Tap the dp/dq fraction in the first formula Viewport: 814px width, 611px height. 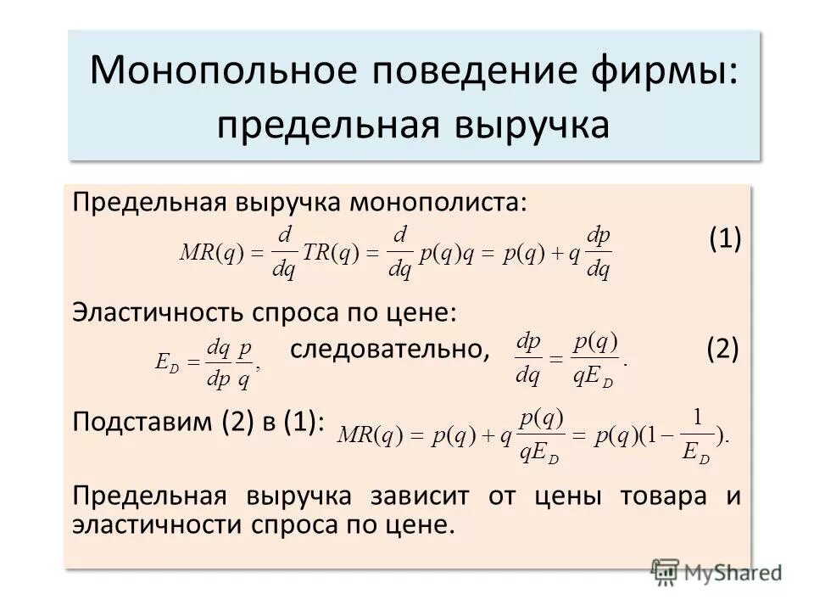599,252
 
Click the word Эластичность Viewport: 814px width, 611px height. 158,312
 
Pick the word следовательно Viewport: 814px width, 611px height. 391,349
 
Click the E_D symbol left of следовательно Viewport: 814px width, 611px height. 167,361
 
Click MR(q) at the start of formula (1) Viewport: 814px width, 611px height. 212,252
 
